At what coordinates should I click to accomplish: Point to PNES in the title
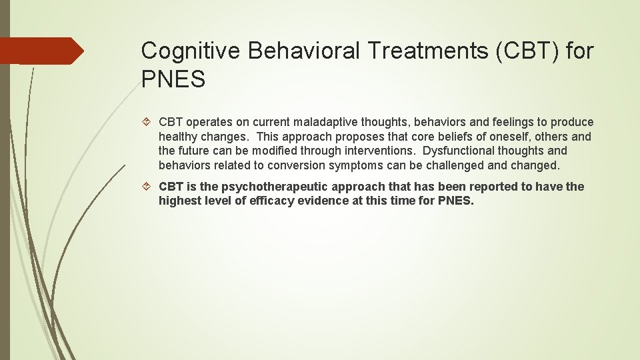(173, 80)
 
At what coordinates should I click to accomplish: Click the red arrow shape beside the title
(41, 51)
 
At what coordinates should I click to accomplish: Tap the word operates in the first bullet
(208, 122)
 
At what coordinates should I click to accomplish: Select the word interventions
(383, 151)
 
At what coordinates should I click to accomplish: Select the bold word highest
(179, 201)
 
